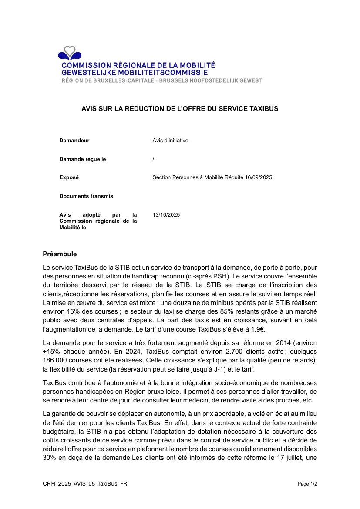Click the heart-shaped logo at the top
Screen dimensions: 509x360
pyautogui.click(x=70, y=53)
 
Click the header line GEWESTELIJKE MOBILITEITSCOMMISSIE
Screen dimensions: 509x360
pyautogui.click(x=135, y=72)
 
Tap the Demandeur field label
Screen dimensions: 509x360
pyautogui.click(x=74, y=141)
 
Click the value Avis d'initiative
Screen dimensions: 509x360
pyautogui.click(x=170, y=141)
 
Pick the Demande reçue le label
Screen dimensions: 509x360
pyautogui.click(x=82, y=159)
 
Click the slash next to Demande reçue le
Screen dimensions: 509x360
pyautogui.click(x=154, y=159)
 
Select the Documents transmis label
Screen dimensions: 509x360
pyautogui.click(x=86, y=196)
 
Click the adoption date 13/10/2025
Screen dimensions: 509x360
pyautogui.click(x=166, y=215)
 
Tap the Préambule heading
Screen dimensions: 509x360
pyautogui.click(x=60, y=254)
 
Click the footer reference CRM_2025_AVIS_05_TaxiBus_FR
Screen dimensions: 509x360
pyautogui.click(x=85, y=484)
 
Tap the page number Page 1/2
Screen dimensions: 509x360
pyautogui.click(x=307, y=484)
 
